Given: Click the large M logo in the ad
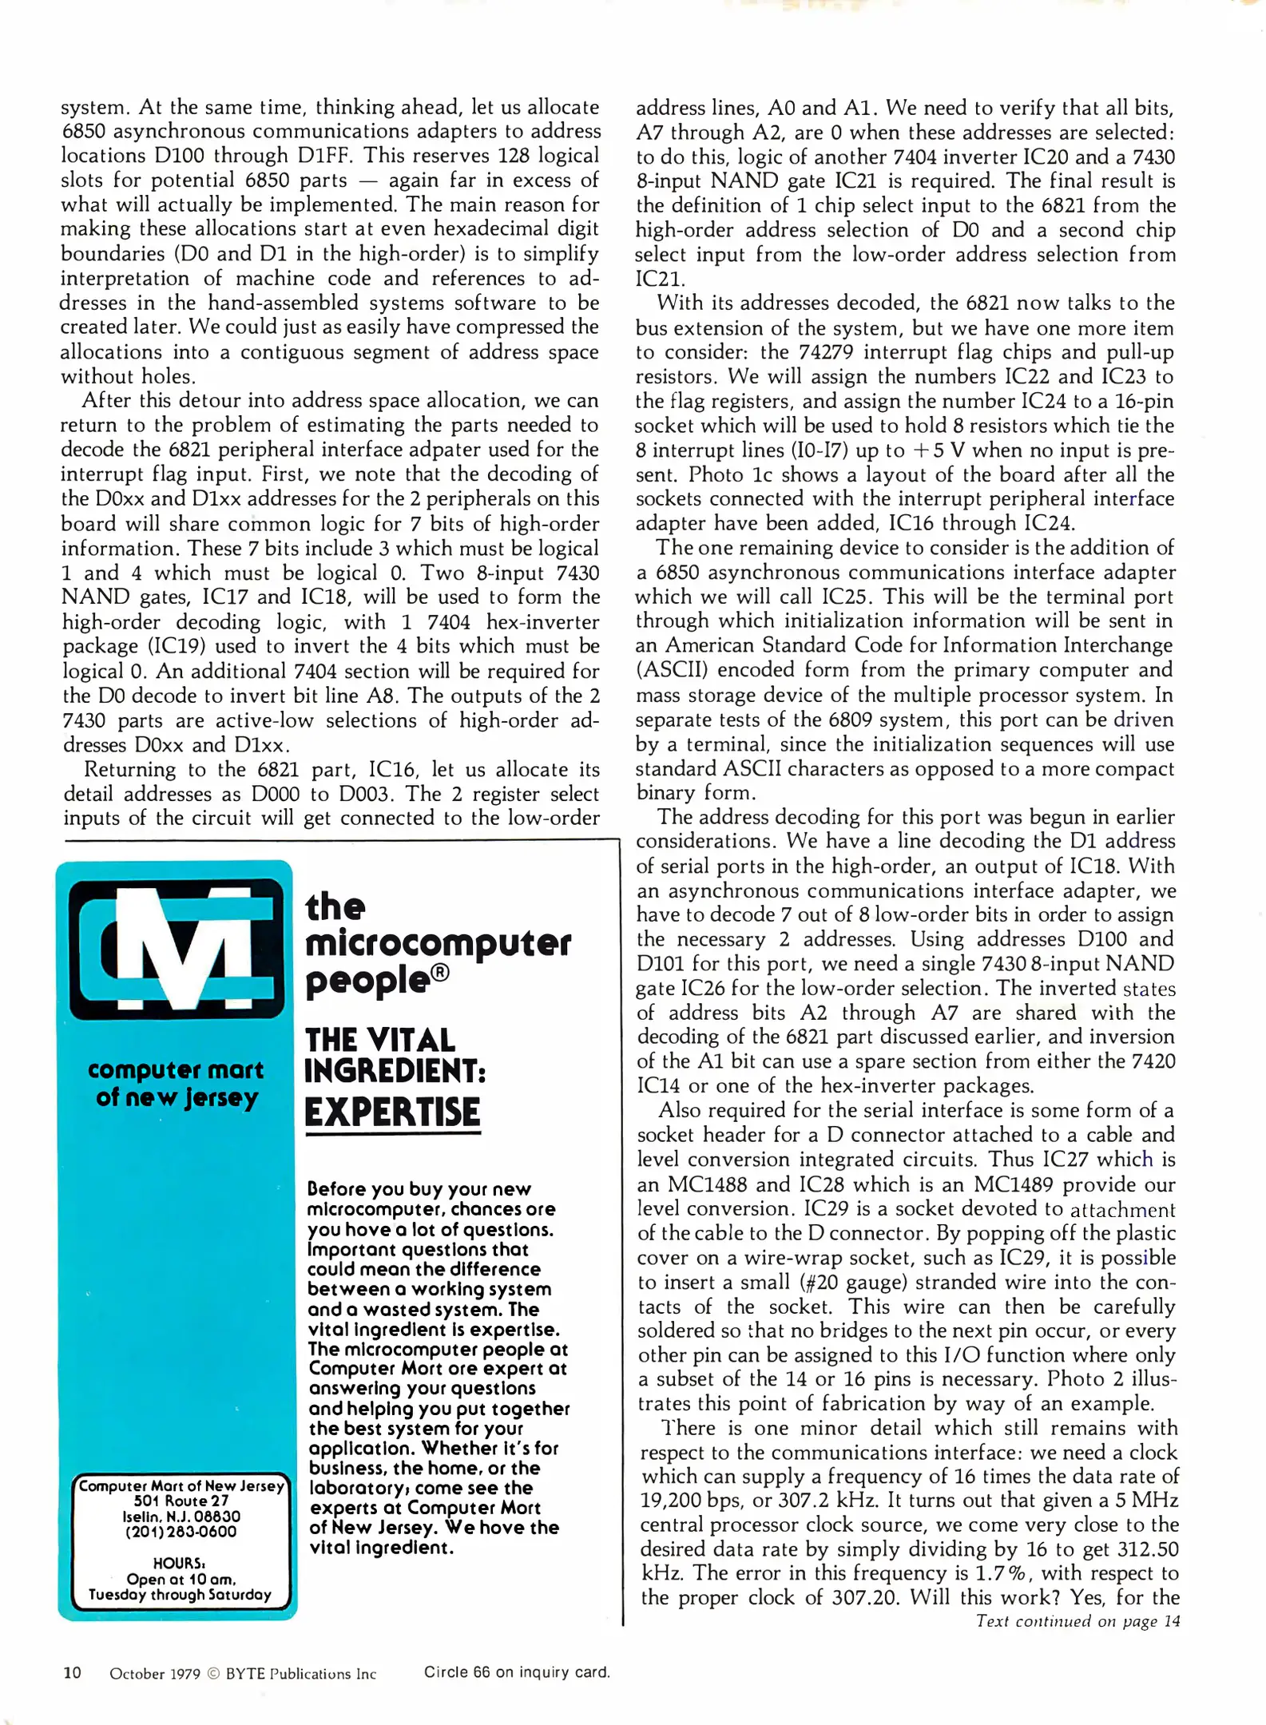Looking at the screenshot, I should point(177,948).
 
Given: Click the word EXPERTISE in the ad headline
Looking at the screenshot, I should point(392,1112).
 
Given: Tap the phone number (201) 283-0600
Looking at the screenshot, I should point(181,1532).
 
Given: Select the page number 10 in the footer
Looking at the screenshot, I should point(72,1672).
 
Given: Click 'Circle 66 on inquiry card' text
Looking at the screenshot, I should point(517,1671).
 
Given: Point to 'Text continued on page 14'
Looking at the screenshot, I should point(1077,1620).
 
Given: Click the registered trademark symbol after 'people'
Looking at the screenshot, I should point(442,973).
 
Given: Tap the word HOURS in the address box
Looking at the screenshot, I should point(180,1563).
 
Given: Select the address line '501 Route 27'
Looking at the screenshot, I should point(181,1501).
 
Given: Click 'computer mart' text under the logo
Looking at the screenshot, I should point(176,1069).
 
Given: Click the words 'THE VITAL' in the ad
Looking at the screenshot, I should point(380,1040).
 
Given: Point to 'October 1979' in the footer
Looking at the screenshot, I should point(154,1673).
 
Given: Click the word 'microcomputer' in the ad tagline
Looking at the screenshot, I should point(438,943).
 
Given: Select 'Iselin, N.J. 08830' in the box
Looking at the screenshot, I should point(181,1516).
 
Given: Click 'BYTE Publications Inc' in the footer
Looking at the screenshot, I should point(301,1673).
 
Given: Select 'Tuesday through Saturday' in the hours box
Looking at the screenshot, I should point(180,1594).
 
